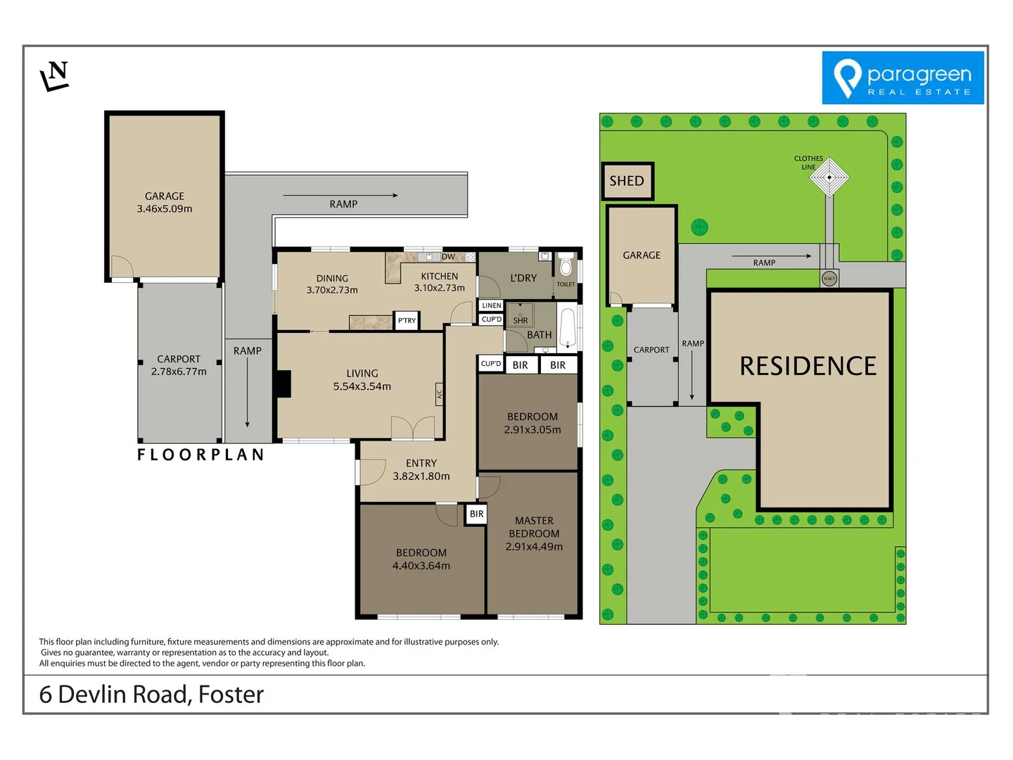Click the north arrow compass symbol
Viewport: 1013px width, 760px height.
(55, 76)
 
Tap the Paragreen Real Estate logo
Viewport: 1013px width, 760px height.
(903, 78)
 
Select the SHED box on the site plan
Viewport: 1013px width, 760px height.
(627, 181)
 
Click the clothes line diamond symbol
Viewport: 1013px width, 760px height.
(829, 177)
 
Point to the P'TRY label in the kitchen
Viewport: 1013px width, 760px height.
(407, 320)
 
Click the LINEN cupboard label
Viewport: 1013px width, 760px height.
(492, 305)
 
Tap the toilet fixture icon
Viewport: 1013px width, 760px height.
(566, 267)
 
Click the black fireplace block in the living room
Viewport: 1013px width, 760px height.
(283, 384)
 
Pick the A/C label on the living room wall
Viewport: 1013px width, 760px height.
(439, 394)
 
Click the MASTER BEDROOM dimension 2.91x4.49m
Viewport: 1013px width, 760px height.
(534, 546)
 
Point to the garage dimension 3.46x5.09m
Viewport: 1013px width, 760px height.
(165, 208)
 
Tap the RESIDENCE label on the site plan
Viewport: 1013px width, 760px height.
(808, 366)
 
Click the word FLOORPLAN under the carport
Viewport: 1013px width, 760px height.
(200, 455)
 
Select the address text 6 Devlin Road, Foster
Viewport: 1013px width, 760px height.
(151, 695)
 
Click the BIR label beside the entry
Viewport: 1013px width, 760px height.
(476, 514)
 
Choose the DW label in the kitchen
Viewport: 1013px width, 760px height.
(448, 257)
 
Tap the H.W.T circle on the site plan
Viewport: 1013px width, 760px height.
(829, 279)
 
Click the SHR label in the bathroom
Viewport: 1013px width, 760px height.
(521, 320)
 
